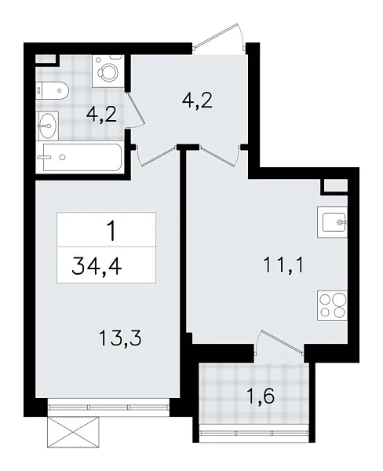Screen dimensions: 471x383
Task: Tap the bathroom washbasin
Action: [x=48, y=122]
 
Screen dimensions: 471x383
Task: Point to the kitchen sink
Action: [x=334, y=222]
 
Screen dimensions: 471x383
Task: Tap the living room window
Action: [x=107, y=407]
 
